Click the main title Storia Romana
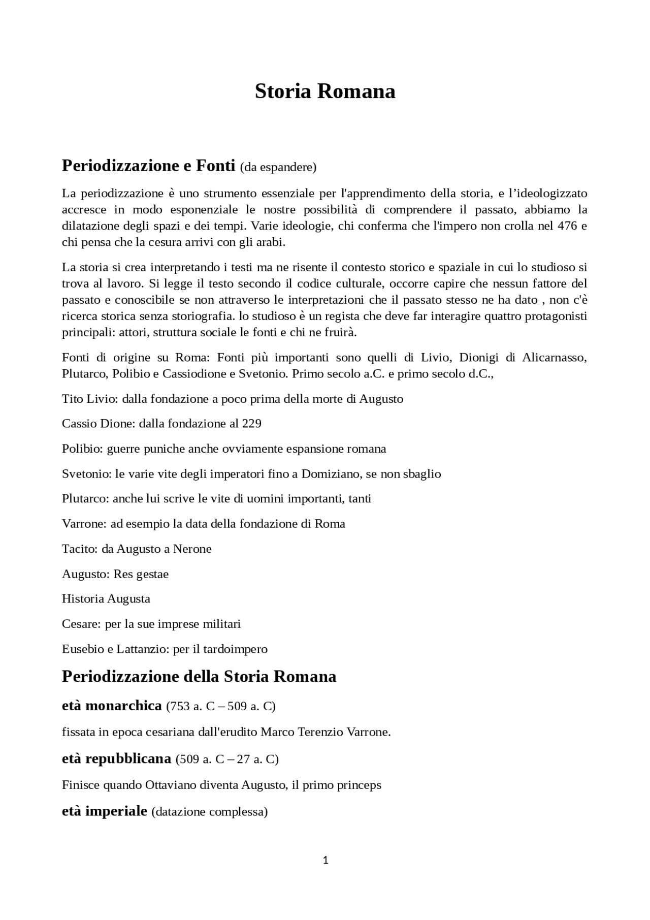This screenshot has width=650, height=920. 324,91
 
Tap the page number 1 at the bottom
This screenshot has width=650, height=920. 326,860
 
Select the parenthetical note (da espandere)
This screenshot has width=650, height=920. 278,167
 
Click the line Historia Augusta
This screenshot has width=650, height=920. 106,598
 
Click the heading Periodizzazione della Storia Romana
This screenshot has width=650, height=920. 199,677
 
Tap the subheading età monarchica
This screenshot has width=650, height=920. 112,706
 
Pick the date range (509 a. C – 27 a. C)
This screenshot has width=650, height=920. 227,759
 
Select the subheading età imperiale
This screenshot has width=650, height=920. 105,811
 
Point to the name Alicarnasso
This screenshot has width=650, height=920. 555,357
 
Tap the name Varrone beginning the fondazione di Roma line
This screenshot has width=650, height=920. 84,523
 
